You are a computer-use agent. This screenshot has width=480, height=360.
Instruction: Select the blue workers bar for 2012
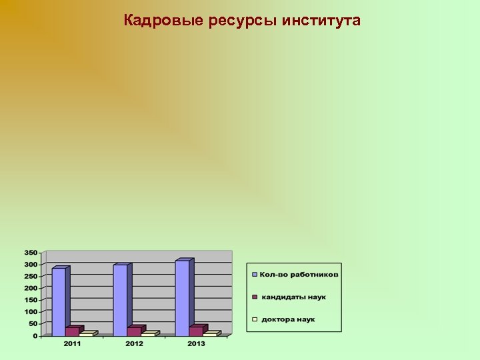coord(120,299)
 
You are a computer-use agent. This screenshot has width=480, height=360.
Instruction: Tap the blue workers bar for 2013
coord(182,297)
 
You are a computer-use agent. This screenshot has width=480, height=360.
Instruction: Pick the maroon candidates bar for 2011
coord(72,331)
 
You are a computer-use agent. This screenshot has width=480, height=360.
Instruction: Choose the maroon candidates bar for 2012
coord(133,331)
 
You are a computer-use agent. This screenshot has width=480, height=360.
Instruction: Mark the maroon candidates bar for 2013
coord(196,331)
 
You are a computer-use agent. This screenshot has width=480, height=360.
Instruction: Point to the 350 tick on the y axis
coord(31,253)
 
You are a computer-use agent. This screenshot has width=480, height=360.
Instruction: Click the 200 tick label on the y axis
coord(31,288)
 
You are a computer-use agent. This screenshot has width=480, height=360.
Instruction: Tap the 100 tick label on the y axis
coord(31,312)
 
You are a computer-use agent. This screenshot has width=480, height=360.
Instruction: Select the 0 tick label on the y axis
coord(35,336)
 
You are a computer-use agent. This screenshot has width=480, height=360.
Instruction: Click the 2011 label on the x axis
coord(73,343)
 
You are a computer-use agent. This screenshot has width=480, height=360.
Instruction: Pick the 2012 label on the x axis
coord(134,343)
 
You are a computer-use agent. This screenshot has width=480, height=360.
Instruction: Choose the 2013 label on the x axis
coord(196,343)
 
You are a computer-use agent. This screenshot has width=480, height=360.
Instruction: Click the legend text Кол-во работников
coord(299,275)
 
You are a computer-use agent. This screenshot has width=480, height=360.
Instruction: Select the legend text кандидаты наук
coord(293,297)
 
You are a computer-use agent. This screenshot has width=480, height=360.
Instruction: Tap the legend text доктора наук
coord(288,319)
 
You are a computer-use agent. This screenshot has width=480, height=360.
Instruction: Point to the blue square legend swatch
coord(254,275)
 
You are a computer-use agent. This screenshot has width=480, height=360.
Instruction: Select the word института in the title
coord(321,21)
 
